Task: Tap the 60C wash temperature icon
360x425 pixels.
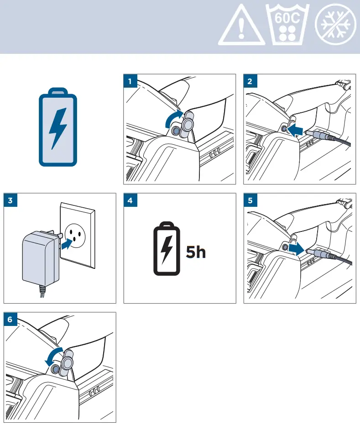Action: pyautogui.click(x=288, y=26)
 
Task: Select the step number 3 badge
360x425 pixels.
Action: pyautogui.click(x=11, y=200)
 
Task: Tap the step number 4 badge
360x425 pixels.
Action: pyautogui.click(x=130, y=200)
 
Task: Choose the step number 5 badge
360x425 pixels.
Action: pyautogui.click(x=250, y=200)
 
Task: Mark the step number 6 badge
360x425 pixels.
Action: pyautogui.click(x=11, y=319)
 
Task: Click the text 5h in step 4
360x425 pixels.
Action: pyautogui.click(x=196, y=252)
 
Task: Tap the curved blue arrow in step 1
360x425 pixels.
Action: pyautogui.click(x=173, y=120)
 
